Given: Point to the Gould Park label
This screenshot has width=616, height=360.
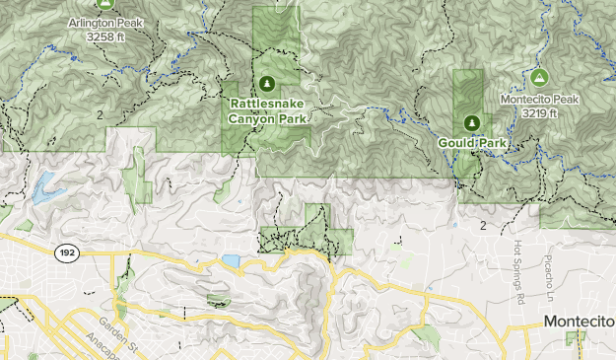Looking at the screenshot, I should [471, 143].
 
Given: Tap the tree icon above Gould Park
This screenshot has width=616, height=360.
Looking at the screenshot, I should [471, 122].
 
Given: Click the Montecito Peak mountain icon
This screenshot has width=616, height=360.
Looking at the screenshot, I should [538, 76].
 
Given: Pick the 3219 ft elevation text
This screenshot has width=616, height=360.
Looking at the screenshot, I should [539, 113].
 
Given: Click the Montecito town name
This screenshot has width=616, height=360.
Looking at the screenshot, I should [580, 323].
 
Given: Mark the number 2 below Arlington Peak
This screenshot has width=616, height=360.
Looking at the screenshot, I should [102, 115].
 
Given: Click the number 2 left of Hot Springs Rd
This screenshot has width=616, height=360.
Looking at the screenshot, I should [483, 226].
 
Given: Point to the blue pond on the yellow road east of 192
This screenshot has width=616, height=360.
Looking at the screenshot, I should [231, 260].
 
